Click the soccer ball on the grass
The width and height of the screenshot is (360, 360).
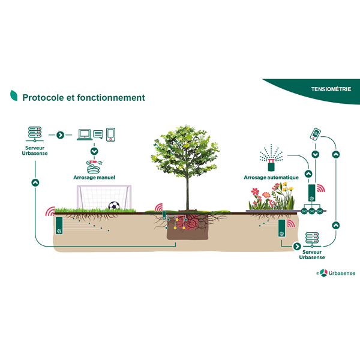coord(114,206)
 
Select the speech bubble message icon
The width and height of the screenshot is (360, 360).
coord(98,134)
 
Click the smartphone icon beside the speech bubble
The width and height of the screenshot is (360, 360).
coord(111,134)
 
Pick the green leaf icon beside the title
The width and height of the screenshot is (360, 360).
coord(13,96)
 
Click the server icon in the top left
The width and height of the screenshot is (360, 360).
coord(34,134)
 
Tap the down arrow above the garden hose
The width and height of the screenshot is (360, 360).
coord(94,151)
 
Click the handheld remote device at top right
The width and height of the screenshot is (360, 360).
coord(315,133)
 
